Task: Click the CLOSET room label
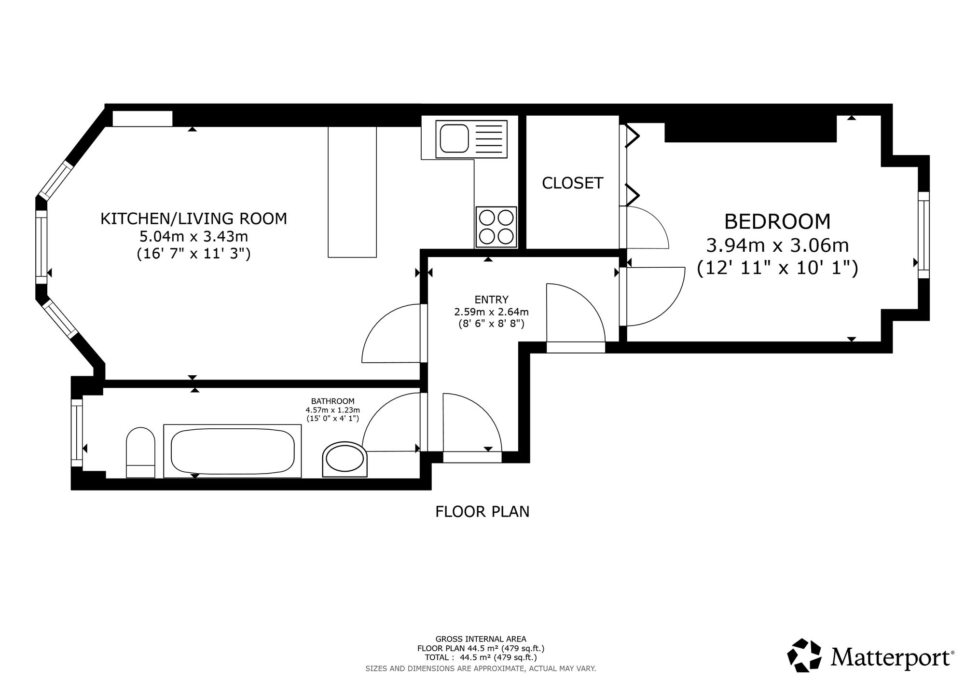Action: (572, 183)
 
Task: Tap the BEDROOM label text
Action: (777, 222)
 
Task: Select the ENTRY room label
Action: (491, 300)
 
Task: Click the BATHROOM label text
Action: (332, 401)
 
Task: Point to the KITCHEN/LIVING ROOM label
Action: (193, 218)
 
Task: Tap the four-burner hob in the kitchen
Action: (496, 227)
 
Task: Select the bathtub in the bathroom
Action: (233, 451)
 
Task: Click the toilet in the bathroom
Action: (140, 452)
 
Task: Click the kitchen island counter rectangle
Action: (352, 192)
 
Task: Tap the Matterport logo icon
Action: (804, 655)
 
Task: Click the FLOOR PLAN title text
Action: (482, 511)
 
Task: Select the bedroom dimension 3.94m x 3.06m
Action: (777, 246)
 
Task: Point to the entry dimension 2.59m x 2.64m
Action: (491, 312)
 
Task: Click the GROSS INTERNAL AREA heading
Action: (481, 639)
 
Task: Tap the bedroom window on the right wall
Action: (924, 235)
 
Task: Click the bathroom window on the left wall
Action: (77, 433)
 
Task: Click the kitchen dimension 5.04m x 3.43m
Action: (193, 236)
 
